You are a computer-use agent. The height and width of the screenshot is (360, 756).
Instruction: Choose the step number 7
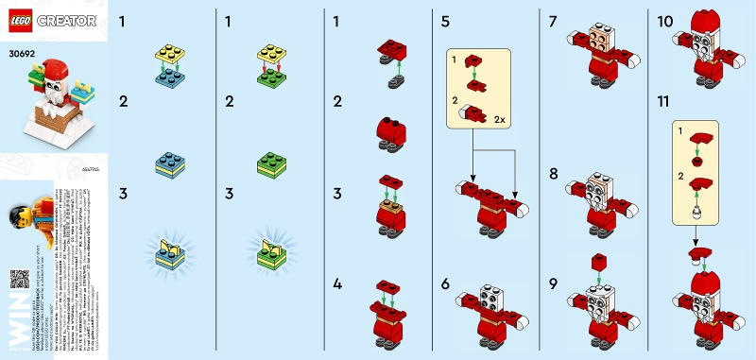(x=552, y=20)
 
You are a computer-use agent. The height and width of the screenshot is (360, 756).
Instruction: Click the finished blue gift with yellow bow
(x=170, y=253)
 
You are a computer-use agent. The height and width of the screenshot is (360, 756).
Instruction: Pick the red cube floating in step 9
(x=597, y=261)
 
